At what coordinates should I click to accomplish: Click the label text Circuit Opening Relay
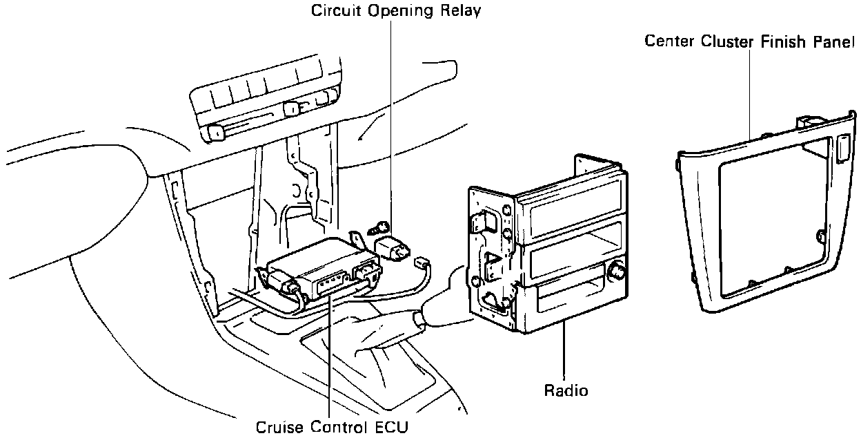[x=395, y=10]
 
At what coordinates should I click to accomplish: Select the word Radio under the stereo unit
[x=566, y=390]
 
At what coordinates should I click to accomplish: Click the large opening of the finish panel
[x=773, y=221]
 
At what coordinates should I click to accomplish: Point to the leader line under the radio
[x=564, y=352]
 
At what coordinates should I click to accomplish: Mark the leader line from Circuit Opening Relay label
[x=391, y=117]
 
